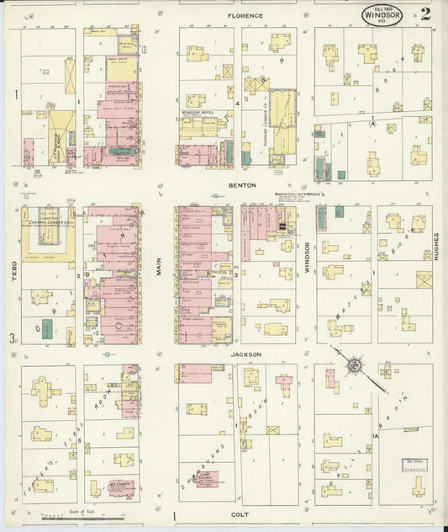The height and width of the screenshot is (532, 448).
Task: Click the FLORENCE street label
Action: [x=245, y=15]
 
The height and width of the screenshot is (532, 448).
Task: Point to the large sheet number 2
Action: [x=427, y=13]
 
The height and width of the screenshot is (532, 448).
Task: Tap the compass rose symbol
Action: [x=355, y=365]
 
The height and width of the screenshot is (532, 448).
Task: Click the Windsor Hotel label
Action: [x=198, y=113]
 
